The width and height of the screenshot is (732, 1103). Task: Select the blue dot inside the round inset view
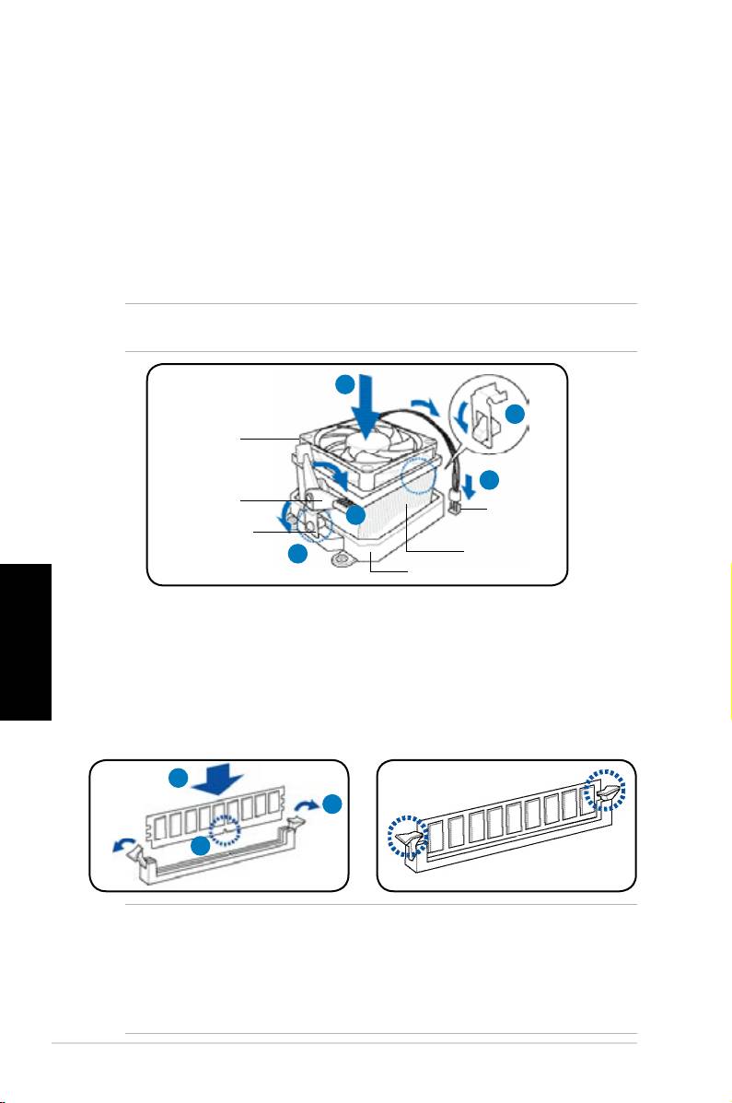(x=516, y=416)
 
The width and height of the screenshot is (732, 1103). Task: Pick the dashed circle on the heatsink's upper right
(x=424, y=477)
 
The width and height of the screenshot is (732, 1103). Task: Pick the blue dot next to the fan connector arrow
(x=490, y=480)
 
